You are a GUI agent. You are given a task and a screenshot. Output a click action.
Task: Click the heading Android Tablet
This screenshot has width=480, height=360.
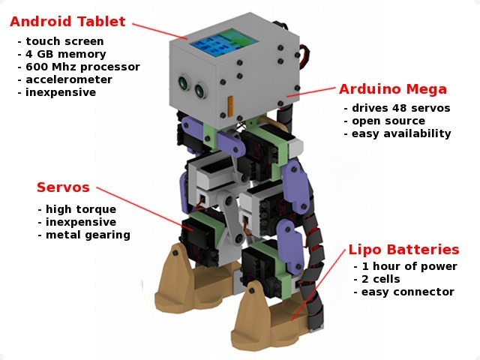point(67,22)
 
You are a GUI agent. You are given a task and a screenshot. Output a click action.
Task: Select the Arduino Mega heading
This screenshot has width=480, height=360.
point(393,89)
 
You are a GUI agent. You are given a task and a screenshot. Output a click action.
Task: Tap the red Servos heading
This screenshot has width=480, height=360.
point(63,187)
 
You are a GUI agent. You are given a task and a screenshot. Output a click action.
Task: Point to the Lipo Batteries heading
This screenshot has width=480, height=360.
point(404,250)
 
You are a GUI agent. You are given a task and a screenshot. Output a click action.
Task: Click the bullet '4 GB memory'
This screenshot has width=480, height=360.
point(61,54)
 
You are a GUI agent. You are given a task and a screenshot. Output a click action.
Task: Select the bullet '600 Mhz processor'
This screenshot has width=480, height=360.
point(79,67)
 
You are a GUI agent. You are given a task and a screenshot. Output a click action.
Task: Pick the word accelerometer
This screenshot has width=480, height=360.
point(69,79)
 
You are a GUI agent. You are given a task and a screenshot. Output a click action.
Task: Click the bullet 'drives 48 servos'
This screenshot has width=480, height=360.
point(397,108)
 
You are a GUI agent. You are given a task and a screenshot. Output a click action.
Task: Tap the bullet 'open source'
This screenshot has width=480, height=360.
point(385,121)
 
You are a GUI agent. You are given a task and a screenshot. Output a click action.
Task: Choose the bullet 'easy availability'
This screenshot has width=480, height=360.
point(397,133)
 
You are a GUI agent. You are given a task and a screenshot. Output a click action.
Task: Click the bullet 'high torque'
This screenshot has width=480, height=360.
point(77,209)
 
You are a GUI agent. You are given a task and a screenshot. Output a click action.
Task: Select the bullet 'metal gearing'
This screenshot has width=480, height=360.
point(84,235)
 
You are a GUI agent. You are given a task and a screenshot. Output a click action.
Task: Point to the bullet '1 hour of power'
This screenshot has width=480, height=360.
point(405,266)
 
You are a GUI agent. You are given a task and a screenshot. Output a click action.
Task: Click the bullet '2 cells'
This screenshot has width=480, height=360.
point(376,279)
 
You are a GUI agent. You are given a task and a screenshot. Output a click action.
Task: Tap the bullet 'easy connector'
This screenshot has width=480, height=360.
point(403,292)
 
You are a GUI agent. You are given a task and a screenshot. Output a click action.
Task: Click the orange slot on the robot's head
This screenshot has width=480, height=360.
point(230,106)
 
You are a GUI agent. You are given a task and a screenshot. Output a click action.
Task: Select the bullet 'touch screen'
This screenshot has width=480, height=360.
point(61,41)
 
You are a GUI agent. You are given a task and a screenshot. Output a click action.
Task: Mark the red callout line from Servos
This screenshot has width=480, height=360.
point(145,208)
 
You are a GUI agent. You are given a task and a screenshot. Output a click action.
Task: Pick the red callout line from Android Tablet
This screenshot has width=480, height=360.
point(160,31)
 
